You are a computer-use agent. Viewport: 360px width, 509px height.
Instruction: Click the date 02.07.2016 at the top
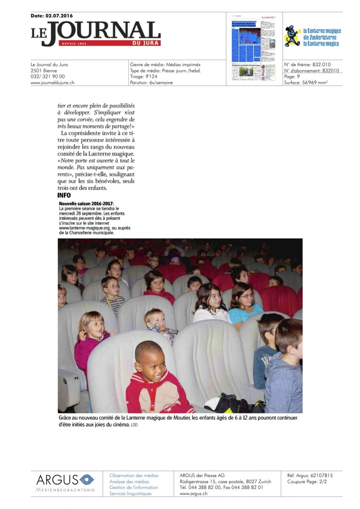click(59, 16)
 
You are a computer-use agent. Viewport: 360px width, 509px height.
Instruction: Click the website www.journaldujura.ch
click(52, 83)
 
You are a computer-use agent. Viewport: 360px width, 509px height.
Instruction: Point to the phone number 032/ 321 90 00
click(48, 76)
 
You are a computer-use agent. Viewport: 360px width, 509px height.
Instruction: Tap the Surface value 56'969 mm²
click(315, 83)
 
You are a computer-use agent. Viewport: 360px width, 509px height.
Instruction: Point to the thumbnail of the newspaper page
click(254, 47)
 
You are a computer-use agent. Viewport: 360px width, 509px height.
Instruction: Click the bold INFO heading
click(64, 195)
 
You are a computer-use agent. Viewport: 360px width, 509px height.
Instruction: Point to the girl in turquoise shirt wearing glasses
click(244, 304)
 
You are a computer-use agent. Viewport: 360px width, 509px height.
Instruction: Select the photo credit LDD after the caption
click(134, 425)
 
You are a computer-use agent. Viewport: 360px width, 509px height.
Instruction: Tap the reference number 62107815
click(321, 475)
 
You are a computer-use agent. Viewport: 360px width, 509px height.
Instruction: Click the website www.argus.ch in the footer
click(193, 493)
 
